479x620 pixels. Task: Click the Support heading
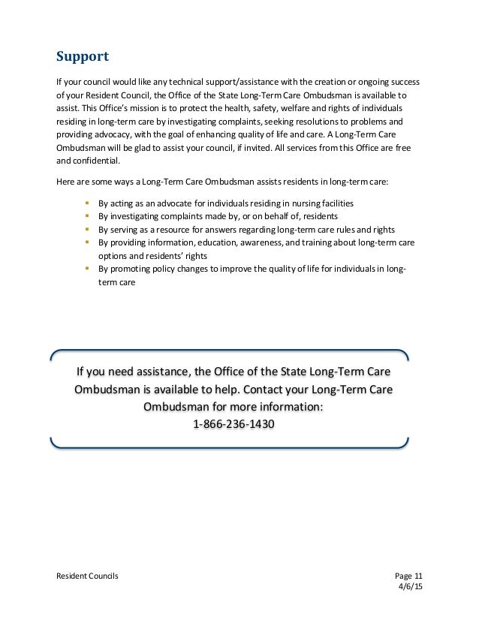click(83, 56)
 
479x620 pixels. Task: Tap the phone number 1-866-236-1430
click(233, 424)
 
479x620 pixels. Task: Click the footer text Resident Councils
click(87, 575)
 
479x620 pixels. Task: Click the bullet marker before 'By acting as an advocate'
click(88, 203)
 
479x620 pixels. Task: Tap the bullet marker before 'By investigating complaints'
click(88, 216)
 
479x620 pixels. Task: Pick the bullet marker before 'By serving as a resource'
click(88, 229)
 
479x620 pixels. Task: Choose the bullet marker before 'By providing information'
click(88, 242)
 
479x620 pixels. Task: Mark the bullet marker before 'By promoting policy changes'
click(88, 269)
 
